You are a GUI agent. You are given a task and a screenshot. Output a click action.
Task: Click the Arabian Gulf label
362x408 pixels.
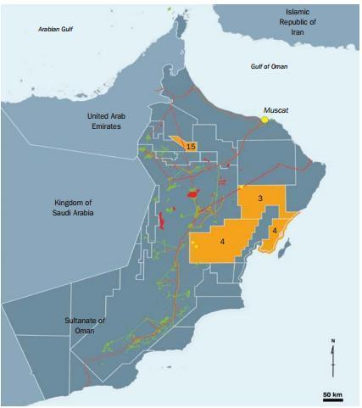(58, 30)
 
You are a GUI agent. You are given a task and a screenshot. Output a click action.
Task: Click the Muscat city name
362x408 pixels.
(278, 109)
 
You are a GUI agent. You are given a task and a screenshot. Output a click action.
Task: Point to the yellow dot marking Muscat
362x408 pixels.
(265, 120)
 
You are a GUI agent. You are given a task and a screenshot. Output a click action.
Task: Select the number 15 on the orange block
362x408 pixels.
(192, 147)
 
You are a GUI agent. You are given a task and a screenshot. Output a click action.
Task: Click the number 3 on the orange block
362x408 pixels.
(260, 198)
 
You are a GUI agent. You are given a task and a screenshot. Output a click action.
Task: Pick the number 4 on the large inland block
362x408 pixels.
(221, 242)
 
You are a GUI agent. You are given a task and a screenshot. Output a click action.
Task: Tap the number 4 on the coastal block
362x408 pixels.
(276, 231)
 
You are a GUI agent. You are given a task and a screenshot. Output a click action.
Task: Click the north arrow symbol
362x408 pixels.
(332, 357)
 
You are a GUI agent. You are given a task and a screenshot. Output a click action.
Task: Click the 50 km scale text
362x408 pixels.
(331, 396)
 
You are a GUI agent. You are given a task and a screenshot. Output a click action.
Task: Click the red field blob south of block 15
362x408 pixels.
(195, 193)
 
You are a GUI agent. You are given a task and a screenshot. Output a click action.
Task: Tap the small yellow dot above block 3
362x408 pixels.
(242, 187)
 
